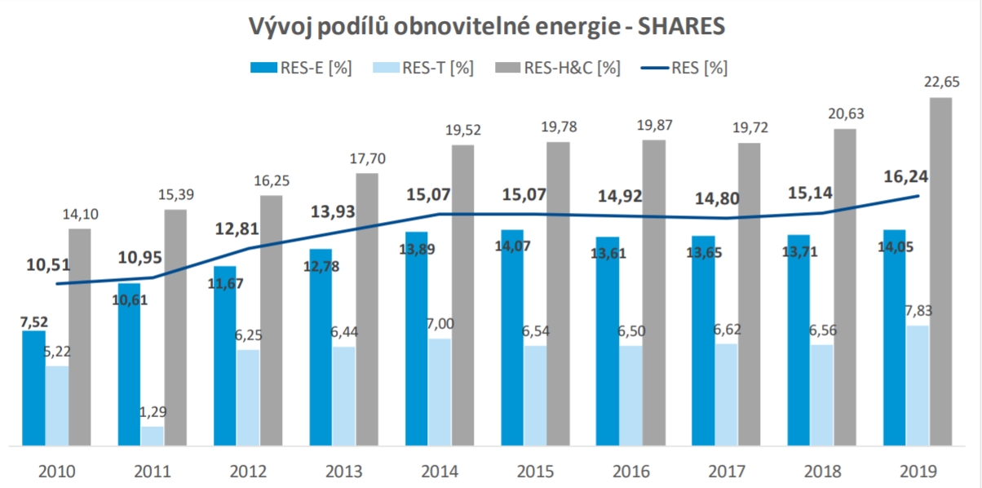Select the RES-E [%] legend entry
(302, 68)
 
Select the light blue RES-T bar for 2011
(152, 436)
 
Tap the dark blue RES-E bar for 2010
(33, 388)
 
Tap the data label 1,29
(152, 412)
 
